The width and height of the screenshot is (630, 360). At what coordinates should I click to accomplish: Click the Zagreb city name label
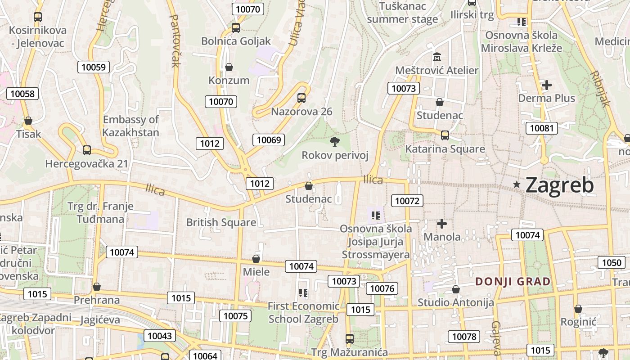pyautogui.click(x=559, y=185)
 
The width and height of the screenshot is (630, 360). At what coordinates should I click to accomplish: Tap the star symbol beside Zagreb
pyautogui.click(x=517, y=184)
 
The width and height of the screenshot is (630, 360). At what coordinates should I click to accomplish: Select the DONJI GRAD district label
pyautogui.click(x=513, y=282)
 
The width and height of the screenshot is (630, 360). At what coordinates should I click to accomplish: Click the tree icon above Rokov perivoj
pyautogui.click(x=334, y=142)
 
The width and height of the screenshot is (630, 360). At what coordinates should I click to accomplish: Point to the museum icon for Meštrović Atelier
pyautogui.click(x=436, y=58)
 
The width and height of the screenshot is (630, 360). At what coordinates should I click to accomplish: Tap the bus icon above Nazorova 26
pyautogui.click(x=301, y=98)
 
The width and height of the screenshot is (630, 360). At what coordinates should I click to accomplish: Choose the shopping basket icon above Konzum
pyautogui.click(x=229, y=67)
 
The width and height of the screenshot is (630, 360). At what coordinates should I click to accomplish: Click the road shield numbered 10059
pyautogui.click(x=94, y=67)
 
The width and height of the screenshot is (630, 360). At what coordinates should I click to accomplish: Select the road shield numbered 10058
pyautogui.click(x=22, y=94)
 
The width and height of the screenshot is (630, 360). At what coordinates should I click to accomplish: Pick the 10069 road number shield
pyautogui.click(x=269, y=140)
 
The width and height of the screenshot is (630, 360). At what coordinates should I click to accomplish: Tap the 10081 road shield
pyautogui.click(x=541, y=128)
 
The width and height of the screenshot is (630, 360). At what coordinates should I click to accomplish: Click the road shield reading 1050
pyautogui.click(x=612, y=263)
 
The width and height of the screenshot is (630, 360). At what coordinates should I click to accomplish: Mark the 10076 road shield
pyautogui.click(x=382, y=288)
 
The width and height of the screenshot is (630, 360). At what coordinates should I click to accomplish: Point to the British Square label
pyautogui.click(x=221, y=222)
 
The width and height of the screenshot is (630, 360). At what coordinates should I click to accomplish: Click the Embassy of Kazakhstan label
pyautogui.click(x=130, y=126)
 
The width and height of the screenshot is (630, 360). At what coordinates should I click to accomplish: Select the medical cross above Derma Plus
pyautogui.click(x=547, y=85)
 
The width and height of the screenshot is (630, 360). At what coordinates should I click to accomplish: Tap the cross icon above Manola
pyautogui.click(x=442, y=224)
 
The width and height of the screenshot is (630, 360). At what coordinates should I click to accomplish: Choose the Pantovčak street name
pyautogui.click(x=175, y=40)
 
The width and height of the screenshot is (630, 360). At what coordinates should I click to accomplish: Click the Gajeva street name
pyautogui.click(x=496, y=338)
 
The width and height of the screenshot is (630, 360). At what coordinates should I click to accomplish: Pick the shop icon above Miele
pyautogui.click(x=256, y=259)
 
